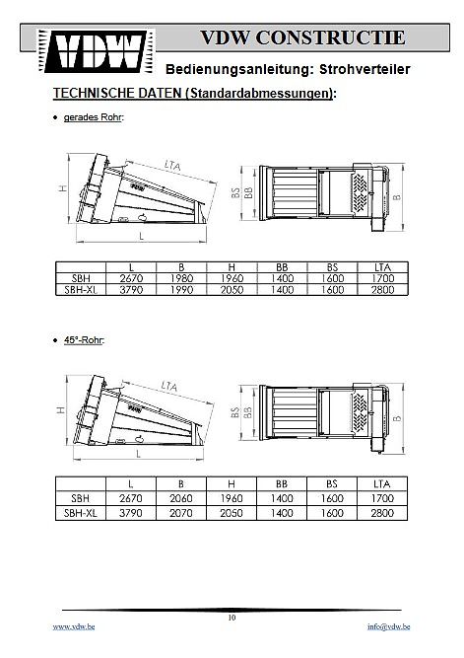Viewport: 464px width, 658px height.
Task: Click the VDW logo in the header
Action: (96, 51)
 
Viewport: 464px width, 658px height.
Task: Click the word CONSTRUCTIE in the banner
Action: (330, 37)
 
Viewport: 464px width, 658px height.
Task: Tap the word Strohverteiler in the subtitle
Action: (365, 69)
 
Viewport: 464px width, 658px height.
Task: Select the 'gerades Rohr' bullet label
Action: (94, 117)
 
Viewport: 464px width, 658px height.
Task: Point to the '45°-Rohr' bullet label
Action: (84, 340)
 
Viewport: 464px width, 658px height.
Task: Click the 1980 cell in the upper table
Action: (181, 278)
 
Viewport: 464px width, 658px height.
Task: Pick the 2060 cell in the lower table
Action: (181, 498)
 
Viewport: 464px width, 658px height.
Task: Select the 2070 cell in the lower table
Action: (181, 513)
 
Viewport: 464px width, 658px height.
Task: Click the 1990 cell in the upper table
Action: (181, 290)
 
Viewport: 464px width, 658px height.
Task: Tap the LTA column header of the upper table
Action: (382, 267)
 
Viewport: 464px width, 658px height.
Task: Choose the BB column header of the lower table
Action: (282, 483)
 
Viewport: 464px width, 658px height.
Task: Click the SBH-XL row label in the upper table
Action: (81, 290)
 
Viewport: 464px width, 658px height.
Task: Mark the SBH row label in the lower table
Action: (80, 498)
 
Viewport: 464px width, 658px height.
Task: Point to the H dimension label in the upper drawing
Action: (63, 188)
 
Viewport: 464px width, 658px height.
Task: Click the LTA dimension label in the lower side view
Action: (169, 386)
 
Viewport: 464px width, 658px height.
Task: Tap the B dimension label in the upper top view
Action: (397, 197)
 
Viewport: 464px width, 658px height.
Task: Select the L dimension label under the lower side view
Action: (138, 454)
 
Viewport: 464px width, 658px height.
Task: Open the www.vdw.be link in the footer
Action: (74, 626)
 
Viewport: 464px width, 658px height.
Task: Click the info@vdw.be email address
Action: (388, 626)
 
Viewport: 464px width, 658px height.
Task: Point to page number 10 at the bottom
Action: (232, 618)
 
